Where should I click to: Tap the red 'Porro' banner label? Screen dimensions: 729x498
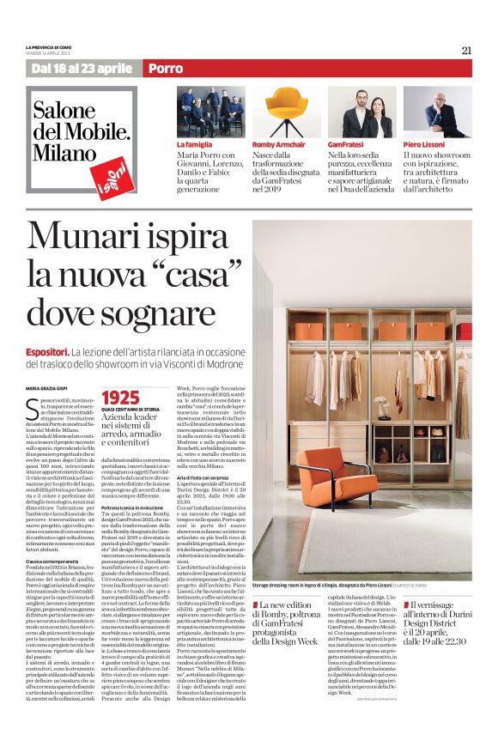click(x=165, y=68)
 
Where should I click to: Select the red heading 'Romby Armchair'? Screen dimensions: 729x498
click(x=276, y=145)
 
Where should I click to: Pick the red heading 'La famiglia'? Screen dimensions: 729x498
click(x=194, y=145)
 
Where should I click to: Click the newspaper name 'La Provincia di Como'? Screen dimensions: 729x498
click(x=56, y=46)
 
